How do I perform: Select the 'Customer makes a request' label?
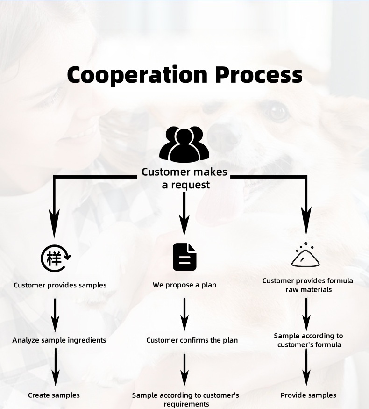pyautogui.click(x=184, y=178)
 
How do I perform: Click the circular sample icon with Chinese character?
pyautogui.click(x=56, y=257)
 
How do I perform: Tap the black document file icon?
pyautogui.click(x=184, y=257)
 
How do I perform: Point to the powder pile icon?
pyautogui.click(x=305, y=255)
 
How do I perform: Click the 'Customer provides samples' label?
pyautogui.click(x=60, y=285)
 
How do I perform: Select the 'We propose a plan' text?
pyautogui.click(x=184, y=285)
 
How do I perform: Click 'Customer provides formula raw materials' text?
pyautogui.click(x=307, y=285)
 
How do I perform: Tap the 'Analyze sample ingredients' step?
pyautogui.click(x=59, y=340)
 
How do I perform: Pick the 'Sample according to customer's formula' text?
pyautogui.click(x=308, y=340)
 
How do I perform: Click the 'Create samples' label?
pyautogui.click(x=54, y=395)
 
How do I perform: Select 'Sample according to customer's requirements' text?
pyautogui.click(x=185, y=400)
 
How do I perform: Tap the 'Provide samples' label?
pyautogui.click(x=308, y=395)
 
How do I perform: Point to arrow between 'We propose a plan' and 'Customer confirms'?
pyautogui.click(x=184, y=314)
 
